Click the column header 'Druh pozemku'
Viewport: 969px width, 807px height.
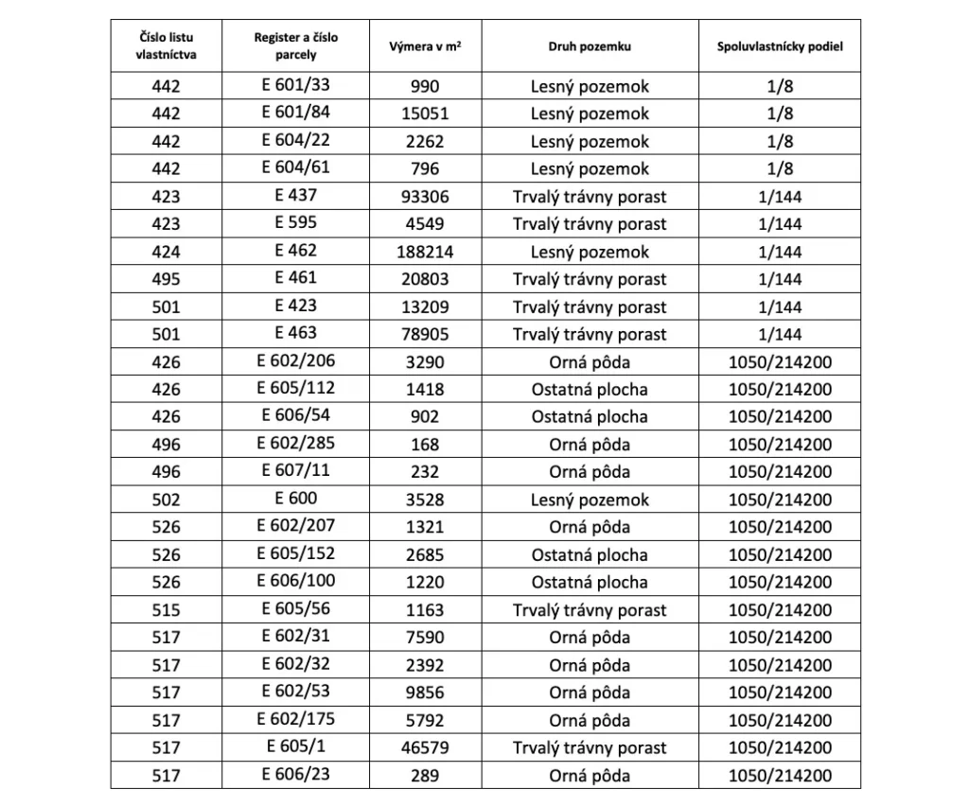coord(590,46)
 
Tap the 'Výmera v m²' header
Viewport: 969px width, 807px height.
coord(425,46)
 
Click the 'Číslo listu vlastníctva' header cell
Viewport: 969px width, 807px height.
coord(166,46)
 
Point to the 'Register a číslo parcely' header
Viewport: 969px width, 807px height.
coord(295,46)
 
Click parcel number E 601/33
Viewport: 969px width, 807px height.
coord(295,85)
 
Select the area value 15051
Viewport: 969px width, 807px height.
coord(425,114)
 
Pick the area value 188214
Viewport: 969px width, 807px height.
coord(425,252)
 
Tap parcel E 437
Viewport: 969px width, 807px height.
coord(295,196)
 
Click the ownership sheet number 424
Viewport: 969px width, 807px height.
coord(166,252)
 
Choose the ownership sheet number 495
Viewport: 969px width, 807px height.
coord(166,279)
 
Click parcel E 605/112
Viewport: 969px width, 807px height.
coord(295,388)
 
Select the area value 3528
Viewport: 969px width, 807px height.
coord(425,500)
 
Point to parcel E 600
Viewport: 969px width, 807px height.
coord(295,499)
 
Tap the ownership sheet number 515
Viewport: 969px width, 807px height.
coord(166,610)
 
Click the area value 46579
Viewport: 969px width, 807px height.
coord(425,748)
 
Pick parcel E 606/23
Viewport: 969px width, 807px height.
coord(295,775)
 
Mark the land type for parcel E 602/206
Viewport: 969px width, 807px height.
coord(590,361)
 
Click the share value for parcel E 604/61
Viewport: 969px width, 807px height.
coord(780,168)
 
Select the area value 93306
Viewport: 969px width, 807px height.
coord(425,197)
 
